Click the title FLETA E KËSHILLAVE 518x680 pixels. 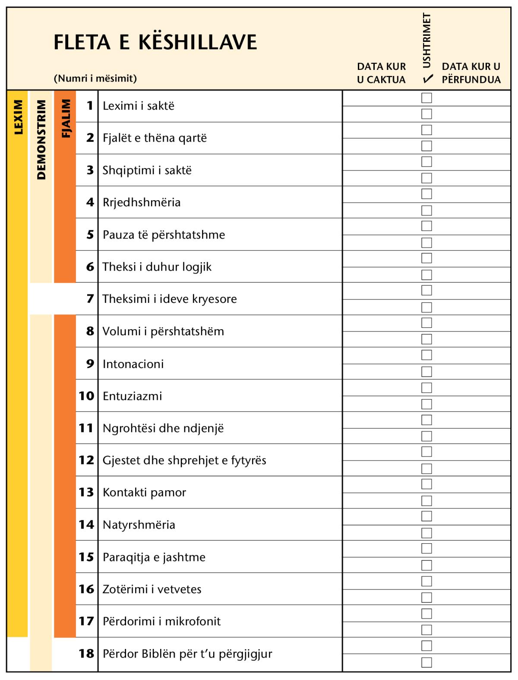pos(155,42)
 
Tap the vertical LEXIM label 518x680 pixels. pos(18,117)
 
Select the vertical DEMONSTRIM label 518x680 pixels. pos(41,140)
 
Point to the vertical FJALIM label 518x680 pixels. pos(66,119)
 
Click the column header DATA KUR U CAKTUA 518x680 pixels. pos(382,73)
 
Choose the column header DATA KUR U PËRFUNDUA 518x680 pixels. pos(471,73)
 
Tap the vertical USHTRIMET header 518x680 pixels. pos(427,41)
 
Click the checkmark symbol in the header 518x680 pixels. pos(428,79)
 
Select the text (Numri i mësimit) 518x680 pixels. pos(95,79)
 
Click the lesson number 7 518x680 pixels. pos(90,299)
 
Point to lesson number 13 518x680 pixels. pos(86,492)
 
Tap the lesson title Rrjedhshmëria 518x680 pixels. pos(142,202)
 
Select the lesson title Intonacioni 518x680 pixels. pos(133,364)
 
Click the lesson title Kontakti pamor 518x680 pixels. pos(144,492)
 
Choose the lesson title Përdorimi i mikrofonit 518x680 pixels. pos(161,621)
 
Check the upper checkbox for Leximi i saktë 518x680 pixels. pos(426,98)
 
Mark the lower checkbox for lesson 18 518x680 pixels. pos(426,662)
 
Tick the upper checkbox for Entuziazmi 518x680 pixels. pos(426,388)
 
